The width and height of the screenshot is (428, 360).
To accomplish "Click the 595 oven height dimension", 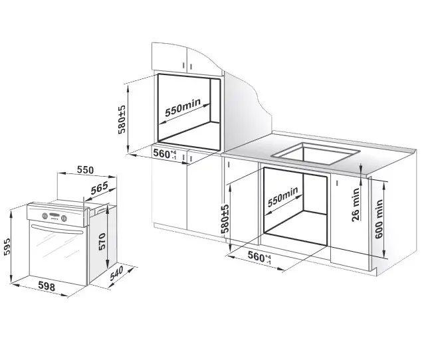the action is (7, 247).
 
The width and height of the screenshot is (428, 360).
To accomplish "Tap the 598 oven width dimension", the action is (47, 287).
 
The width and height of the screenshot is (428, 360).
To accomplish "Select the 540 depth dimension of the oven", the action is (116, 273).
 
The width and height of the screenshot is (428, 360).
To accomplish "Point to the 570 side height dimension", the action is (102, 241).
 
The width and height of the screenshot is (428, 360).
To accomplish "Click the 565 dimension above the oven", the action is (100, 188).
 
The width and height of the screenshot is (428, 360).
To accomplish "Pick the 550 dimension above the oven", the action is (85, 170).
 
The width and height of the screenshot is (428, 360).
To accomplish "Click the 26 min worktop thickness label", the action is (356, 205).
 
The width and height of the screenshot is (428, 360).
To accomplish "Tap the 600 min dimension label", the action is (379, 219).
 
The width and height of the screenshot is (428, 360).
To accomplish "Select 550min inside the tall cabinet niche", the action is (183, 107).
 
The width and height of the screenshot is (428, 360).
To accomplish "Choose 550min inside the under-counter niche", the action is (283, 197).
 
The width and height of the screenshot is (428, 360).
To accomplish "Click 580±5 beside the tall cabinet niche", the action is (122, 120).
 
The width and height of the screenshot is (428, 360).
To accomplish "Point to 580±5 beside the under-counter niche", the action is (225, 219).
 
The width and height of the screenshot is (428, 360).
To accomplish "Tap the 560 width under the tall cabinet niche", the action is (165, 154).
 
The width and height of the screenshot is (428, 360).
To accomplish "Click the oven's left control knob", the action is (45, 216).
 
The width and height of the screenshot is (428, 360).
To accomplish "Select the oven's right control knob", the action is (64, 218).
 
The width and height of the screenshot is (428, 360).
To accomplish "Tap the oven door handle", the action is (57, 229).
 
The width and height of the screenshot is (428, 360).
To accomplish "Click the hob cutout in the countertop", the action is (315, 153).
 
